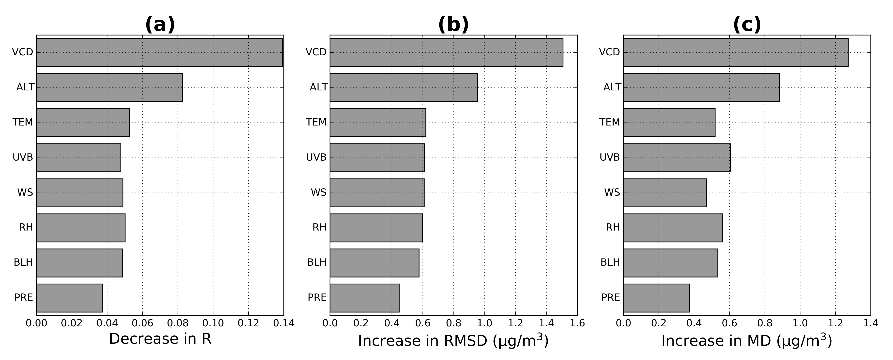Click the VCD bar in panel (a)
(x=160, y=52)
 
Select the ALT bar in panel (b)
(x=403, y=88)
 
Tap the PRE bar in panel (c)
(x=657, y=298)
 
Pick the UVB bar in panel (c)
(x=677, y=158)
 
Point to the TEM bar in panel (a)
(x=83, y=123)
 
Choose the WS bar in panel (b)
(x=377, y=193)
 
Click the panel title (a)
(x=160, y=25)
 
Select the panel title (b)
(x=453, y=25)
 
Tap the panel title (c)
(x=747, y=25)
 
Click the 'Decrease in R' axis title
(x=160, y=339)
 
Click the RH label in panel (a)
(x=26, y=228)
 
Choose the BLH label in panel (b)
(x=317, y=263)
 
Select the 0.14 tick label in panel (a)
(x=284, y=323)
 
